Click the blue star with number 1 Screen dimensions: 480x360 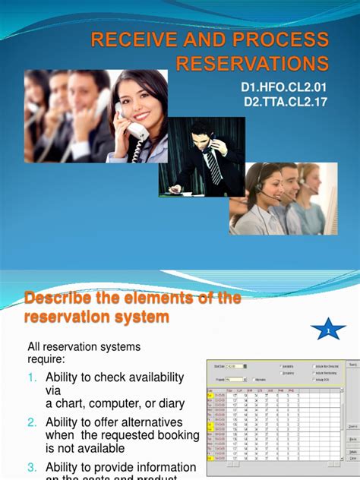(x=328, y=330)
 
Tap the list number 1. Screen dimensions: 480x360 (x=32, y=378)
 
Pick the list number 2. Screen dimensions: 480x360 (x=32, y=422)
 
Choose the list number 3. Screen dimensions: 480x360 (x=32, y=467)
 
